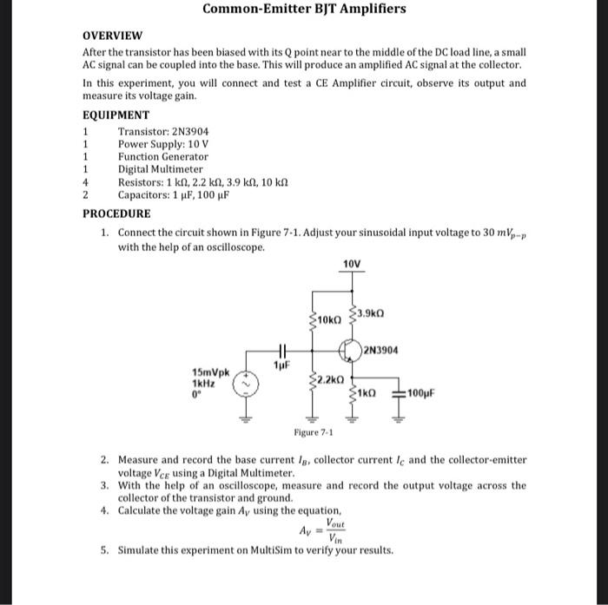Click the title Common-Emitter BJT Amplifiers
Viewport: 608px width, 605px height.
tap(304, 10)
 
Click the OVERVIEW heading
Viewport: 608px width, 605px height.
tap(112, 36)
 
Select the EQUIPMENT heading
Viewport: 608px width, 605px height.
tap(116, 115)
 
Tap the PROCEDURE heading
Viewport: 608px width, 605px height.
tap(116, 213)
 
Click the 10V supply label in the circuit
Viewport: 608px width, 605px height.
tap(351, 264)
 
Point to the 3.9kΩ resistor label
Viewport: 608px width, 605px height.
tap(370, 312)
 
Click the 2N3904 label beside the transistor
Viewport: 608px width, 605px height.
tap(381, 351)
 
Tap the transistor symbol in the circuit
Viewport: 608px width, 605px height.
tap(350, 352)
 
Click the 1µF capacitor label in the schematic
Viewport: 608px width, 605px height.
tap(281, 365)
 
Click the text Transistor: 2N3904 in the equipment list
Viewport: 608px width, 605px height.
tap(163, 131)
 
